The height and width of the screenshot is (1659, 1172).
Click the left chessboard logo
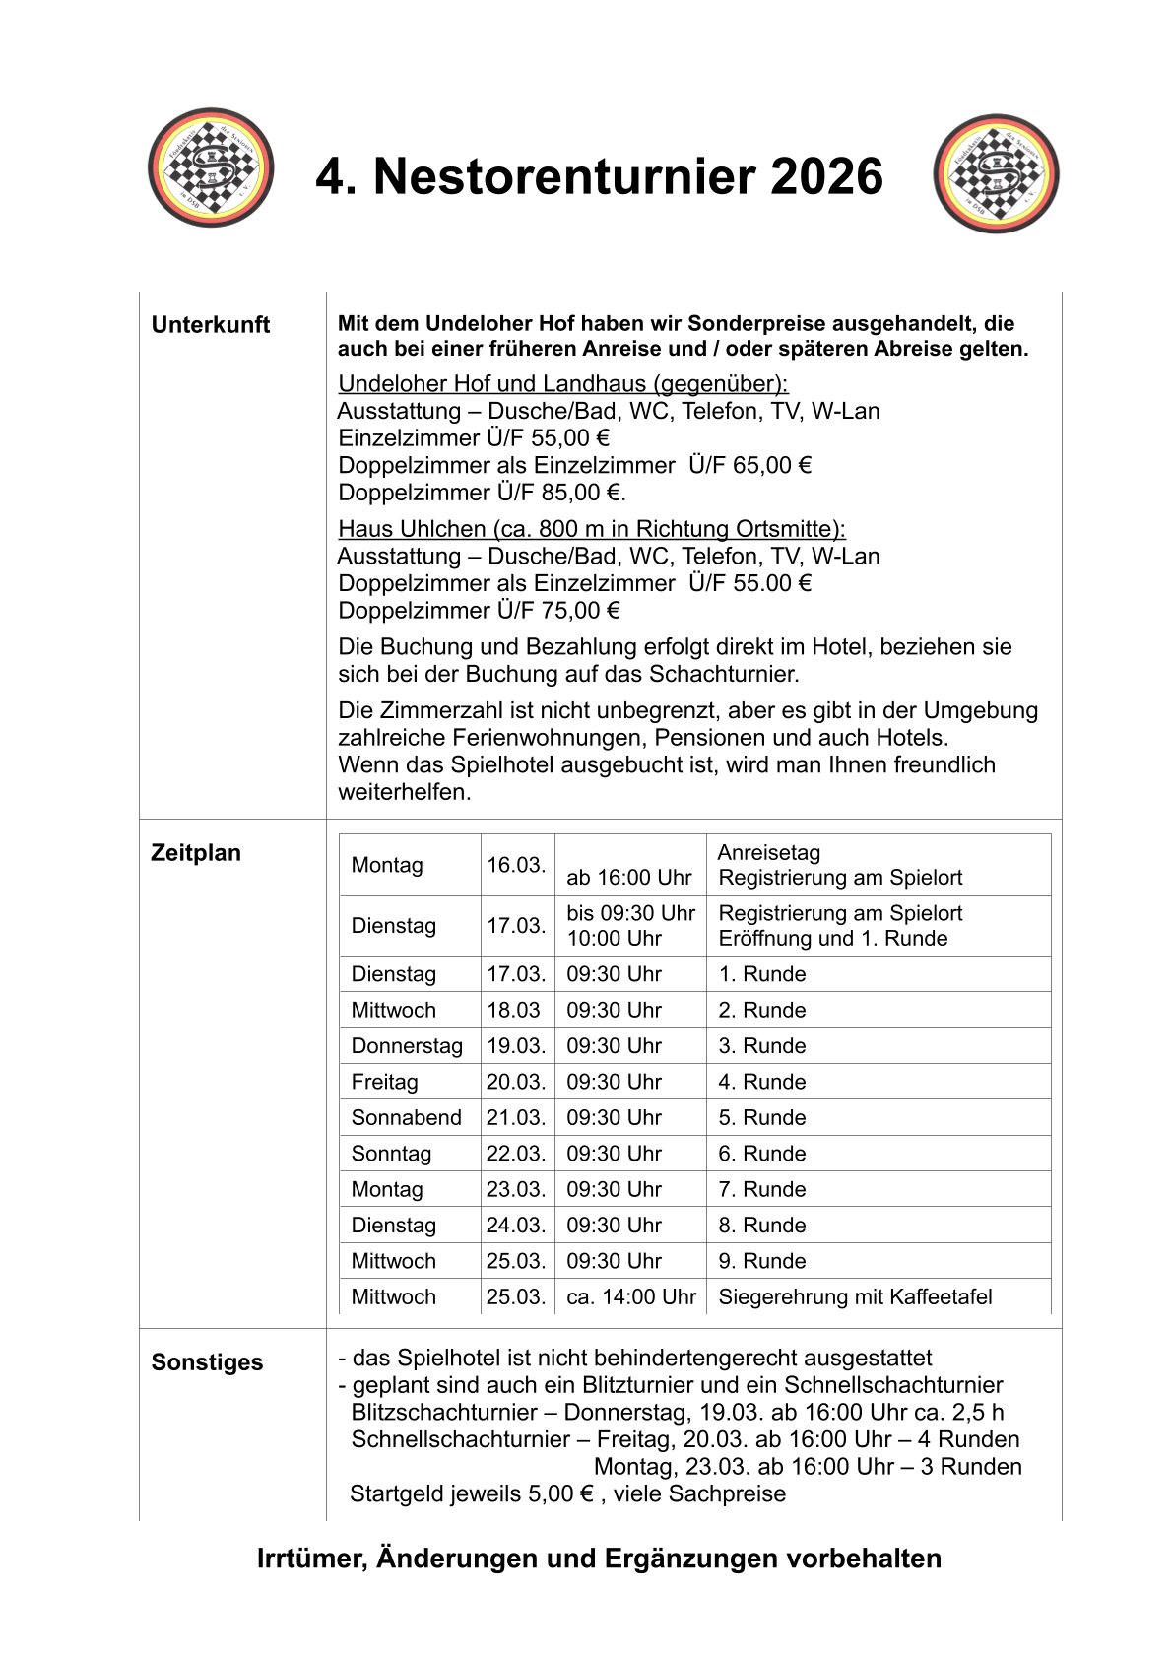211,167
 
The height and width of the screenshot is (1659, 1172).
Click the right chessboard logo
996,173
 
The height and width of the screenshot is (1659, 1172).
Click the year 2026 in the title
826,177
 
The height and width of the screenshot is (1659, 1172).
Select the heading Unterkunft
210,325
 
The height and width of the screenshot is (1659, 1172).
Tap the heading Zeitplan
196,853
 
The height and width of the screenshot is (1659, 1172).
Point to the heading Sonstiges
207,1362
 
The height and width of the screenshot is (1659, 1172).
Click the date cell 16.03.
516,865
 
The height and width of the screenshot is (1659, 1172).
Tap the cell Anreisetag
768,853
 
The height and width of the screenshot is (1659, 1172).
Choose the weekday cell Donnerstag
407,1046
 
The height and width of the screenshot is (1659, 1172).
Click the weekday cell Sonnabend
406,1118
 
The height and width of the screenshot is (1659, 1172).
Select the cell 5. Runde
762,1118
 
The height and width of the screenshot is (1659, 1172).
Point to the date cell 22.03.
516,1154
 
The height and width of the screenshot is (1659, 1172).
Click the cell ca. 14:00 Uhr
630,1297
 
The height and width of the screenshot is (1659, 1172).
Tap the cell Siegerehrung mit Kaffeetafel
855,1297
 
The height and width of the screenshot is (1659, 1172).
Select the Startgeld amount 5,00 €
561,1494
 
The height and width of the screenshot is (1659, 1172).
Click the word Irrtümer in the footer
311,1559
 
